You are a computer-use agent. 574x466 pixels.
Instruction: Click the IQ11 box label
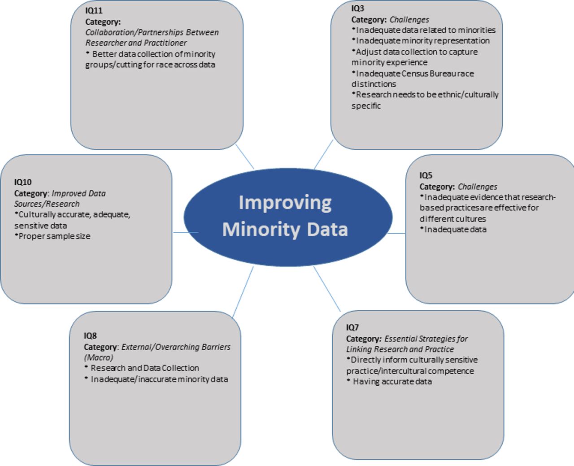[94, 10]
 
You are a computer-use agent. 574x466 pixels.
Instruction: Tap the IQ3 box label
[357, 9]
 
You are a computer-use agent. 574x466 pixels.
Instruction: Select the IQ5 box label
[426, 175]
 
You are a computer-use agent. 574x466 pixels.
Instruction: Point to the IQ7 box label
[352, 327]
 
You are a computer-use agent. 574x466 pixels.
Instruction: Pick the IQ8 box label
[90, 335]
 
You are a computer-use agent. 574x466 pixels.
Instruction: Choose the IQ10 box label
[23, 182]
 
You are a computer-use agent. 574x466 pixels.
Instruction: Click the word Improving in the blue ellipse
[285, 203]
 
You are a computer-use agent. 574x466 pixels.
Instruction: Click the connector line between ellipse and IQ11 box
[245, 157]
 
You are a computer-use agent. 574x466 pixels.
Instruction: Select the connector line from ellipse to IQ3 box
[324, 154]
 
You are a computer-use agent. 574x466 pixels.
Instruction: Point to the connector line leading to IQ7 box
[327, 289]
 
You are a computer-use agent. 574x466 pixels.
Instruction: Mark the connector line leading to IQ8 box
[243, 292]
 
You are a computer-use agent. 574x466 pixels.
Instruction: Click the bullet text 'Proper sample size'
[52, 236]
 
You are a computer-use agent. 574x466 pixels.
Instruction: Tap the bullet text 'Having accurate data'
[389, 381]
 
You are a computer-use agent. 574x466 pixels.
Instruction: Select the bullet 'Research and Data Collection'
[142, 368]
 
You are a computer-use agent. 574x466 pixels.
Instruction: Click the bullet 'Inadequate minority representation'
[421, 41]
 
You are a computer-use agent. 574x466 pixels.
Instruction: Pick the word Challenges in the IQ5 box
[478, 187]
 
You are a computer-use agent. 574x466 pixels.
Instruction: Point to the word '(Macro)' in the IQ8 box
[98, 357]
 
